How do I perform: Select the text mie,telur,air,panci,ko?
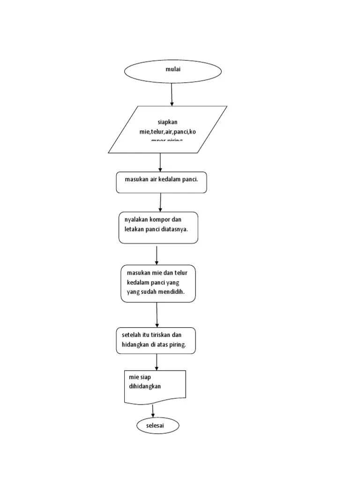coord(168,132)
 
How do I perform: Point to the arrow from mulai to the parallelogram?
coord(172,94)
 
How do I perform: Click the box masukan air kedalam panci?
coord(161,182)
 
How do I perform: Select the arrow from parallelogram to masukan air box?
coord(160,162)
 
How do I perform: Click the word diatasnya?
coord(177,229)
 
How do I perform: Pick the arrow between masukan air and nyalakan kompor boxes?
coord(160,202)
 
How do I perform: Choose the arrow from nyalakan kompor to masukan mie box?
coord(157,255)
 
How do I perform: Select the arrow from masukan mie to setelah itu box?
coord(157,315)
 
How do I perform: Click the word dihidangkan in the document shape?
coord(145,386)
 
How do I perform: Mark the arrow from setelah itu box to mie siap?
coord(157,362)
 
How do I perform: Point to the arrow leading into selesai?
coord(153,411)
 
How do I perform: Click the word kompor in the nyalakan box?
coord(160,219)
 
